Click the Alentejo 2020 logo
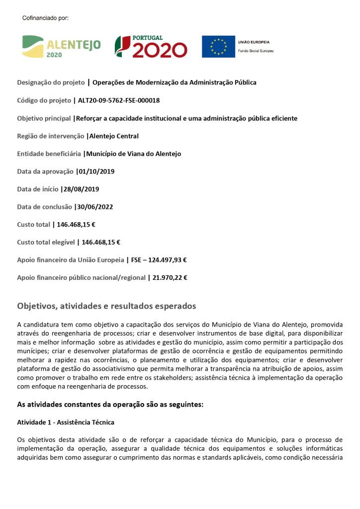[x=61, y=46]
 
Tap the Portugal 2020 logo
[x=151, y=46]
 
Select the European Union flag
[x=218, y=46]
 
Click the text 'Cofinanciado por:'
[x=45, y=18]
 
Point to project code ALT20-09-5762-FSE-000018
[x=119, y=100]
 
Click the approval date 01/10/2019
[x=96, y=171]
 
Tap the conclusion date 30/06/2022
[x=95, y=207]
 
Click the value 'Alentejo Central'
[x=114, y=136]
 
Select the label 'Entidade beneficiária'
[x=49, y=154]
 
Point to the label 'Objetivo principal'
[x=44, y=118]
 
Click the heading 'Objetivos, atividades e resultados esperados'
[x=106, y=306]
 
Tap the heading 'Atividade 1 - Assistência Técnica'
[x=66, y=423]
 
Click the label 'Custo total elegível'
[x=46, y=243]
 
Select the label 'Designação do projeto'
[x=51, y=83]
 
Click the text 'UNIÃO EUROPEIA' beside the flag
[x=256, y=43]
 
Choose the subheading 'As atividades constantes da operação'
[x=110, y=405]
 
